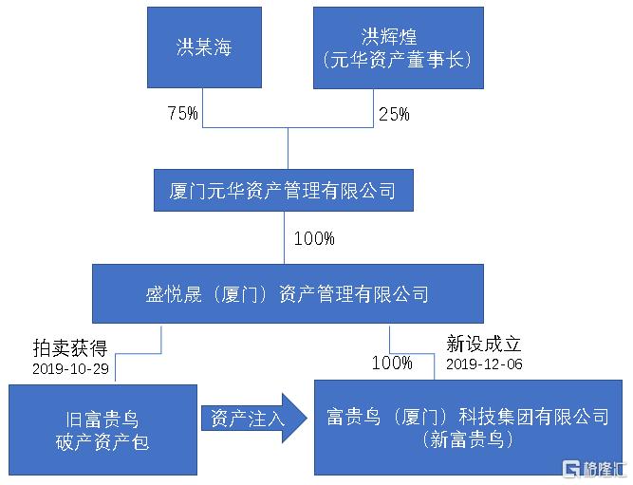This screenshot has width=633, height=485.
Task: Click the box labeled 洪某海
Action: (x=204, y=47)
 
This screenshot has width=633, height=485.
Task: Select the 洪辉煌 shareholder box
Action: (x=399, y=47)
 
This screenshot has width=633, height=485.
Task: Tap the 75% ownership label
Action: (x=183, y=113)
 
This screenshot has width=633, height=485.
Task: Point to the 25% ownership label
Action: (x=394, y=114)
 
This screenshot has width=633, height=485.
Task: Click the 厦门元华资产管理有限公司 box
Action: (x=284, y=190)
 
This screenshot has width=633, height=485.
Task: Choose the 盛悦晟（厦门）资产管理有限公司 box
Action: (x=288, y=293)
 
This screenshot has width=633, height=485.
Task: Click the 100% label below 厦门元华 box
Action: (x=314, y=238)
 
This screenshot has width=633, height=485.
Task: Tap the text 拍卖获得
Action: (x=70, y=347)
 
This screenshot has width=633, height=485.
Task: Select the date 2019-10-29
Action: (x=70, y=368)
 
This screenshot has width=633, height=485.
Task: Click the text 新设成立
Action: (x=484, y=344)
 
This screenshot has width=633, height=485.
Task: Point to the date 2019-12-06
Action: (x=484, y=364)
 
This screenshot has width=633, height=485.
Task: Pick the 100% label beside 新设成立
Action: (x=392, y=363)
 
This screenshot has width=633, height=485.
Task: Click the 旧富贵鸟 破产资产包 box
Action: (x=102, y=430)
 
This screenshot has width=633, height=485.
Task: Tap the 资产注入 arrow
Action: (x=254, y=419)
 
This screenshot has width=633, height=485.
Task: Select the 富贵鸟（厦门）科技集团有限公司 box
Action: (x=468, y=427)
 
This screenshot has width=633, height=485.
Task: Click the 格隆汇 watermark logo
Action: (x=595, y=469)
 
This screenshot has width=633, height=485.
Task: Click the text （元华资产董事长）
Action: (x=398, y=60)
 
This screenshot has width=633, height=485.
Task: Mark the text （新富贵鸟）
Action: (x=468, y=439)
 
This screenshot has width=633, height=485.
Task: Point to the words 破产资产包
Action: (x=102, y=442)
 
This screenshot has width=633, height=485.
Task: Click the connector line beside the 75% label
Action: (x=203, y=108)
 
